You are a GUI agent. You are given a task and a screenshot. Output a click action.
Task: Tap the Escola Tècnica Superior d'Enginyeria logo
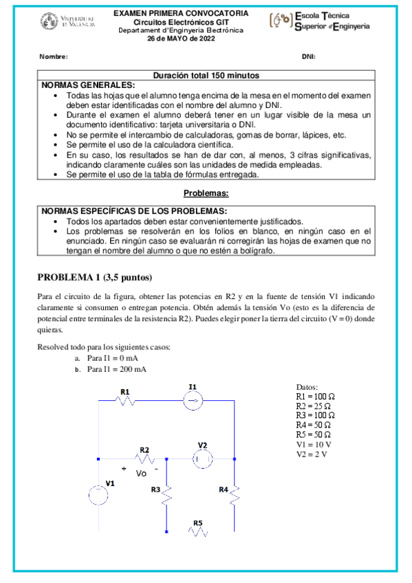[x=320, y=21]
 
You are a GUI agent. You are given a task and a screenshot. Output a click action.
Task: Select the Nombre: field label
[x=53, y=57]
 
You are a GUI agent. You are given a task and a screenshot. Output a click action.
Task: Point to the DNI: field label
[x=309, y=57]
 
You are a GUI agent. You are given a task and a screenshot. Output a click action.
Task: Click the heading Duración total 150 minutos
[x=206, y=75]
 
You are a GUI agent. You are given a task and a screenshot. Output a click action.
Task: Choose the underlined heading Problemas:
[x=206, y=195]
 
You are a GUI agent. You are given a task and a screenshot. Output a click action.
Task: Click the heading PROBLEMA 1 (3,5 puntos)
[x=94, y=278]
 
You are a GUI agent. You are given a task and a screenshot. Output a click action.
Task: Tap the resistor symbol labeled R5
[x=198, y=531]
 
